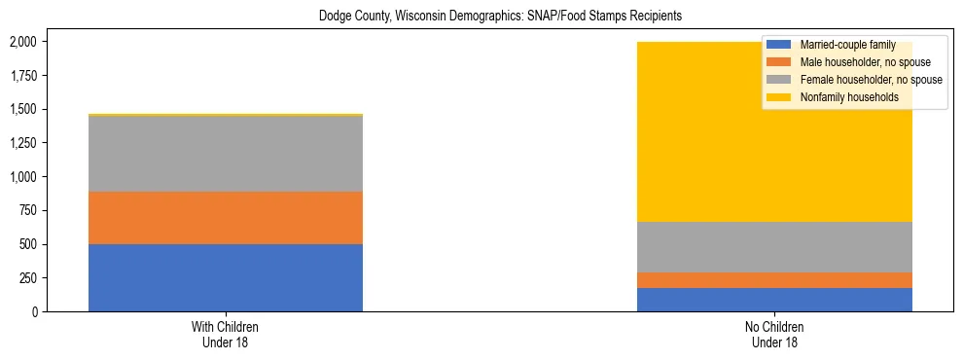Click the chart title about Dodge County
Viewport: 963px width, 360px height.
pyautogui.click(x=481, y=16)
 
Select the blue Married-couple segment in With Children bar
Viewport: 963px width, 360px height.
pyautogui.click(x=226, y=277)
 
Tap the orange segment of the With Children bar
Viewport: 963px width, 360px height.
pyautogui.click(x=226, y=217)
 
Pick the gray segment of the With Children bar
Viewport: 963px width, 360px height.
pyautogui.click(x=226, y=154)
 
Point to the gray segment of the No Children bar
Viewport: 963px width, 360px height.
pyautogui.click(x=774, y=247)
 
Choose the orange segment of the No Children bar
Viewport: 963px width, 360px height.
pyautogui.click(x=774, y=280)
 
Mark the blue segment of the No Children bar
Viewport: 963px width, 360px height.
pyautogui.click(x=774, y=300)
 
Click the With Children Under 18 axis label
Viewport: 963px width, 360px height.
pyautogui.click(x=226, y=334)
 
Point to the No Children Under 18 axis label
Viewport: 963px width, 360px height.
pyautogui.click(x=774, y=334)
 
